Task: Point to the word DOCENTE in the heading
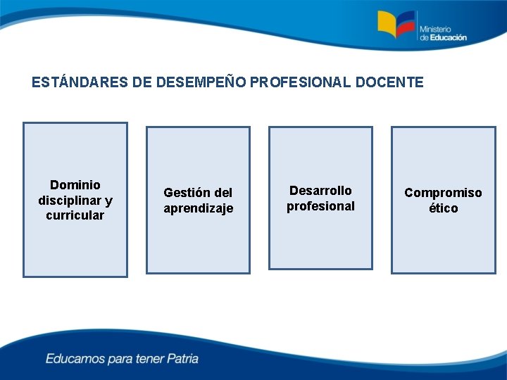(389, 83)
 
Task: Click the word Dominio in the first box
(75, 185)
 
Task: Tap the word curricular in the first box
(75, 215)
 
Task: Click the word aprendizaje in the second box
(198, 208)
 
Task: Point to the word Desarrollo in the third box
(320, 191)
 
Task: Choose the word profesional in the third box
(320, 206)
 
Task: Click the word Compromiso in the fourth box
(443, 193)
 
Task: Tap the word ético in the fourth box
(443, 208)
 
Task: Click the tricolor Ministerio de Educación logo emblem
(397, 25)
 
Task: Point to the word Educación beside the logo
(448, 38)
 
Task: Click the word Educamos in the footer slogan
(74, 359)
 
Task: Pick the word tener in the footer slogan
(149, 359)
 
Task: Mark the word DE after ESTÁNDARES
(141, 83)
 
